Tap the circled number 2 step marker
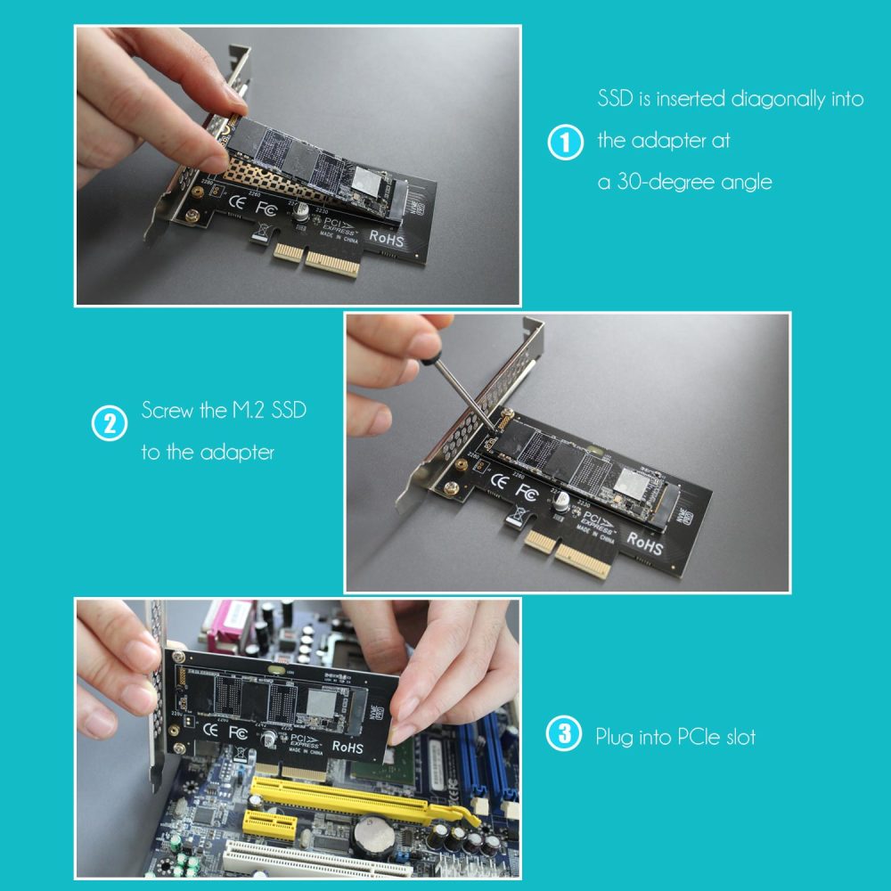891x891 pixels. pos(110,423)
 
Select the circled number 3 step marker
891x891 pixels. pos(564,736)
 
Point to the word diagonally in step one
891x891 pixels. pos(778,99)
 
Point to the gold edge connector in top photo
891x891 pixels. pos(317,259)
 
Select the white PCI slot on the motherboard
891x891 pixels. pos(303,862)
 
